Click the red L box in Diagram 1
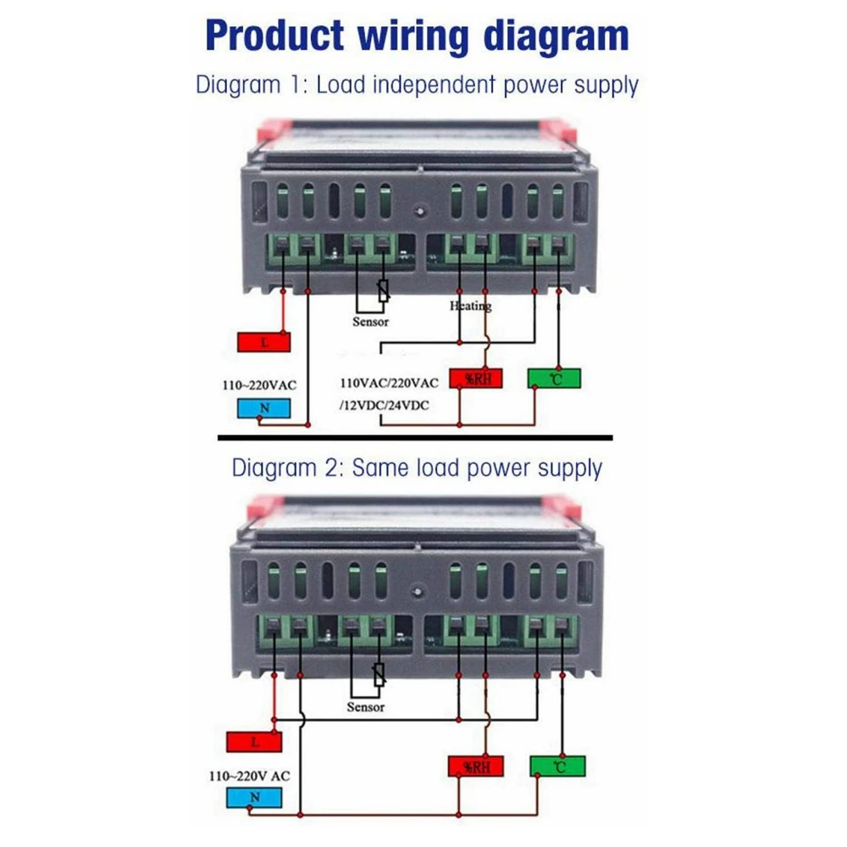click(x=265, y=342)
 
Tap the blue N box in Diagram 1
click(x=264, y=408)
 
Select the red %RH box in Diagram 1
click(x=475, y=378)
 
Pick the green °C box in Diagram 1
click(x=556, y=378)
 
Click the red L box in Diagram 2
click(x=253, y=742)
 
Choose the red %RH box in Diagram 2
click(x=475, y=767)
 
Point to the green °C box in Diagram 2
click(x=557, y=767)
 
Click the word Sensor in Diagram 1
click(x=371, y=322)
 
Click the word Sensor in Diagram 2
click(x=366, y=706)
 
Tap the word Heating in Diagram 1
click(x=470, y=306)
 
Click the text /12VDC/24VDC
click(x=384, y=406)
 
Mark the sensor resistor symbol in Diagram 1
click(x=384, y=292)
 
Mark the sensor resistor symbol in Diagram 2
click(x=379, y=675)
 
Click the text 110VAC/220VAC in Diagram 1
click(x=389, y=383)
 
